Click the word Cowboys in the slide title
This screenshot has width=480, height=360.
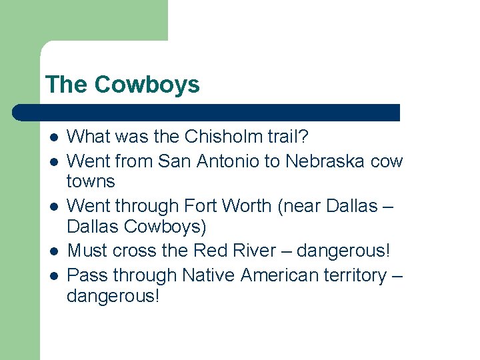tap(147, 85)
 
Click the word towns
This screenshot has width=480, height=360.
tap(91, 181)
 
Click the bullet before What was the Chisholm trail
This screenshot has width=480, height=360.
tap(54, 137)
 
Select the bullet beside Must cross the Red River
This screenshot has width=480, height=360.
tap(54, 251)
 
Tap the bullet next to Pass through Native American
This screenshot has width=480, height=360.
tap(54, 275)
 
